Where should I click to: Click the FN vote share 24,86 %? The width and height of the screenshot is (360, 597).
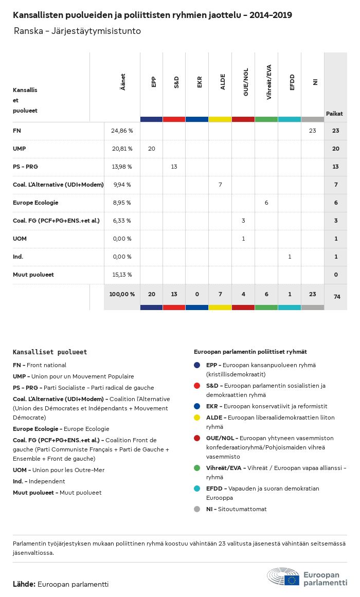click(122, 131)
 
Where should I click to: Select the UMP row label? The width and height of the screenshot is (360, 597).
click(20, 149)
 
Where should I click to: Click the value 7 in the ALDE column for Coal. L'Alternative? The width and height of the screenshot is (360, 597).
click(220, 185)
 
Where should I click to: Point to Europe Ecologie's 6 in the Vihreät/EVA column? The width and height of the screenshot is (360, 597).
click(266, 203)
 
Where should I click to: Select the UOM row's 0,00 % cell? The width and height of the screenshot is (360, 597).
click(122, 239)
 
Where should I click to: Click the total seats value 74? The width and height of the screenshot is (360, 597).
click(336, 297)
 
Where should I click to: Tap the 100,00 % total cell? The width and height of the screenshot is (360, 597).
click(122, 294)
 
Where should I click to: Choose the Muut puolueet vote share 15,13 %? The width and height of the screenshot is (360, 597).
click(122, 275)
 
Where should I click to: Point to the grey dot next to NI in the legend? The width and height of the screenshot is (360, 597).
click(197, 509)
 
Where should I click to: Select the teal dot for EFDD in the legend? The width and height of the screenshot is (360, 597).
click(197, 489)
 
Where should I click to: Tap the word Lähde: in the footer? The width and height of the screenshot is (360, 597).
click(24, 584)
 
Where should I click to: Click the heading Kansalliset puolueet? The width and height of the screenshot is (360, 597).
click(50, 352)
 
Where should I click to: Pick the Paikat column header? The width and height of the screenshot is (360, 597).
click(334, 114)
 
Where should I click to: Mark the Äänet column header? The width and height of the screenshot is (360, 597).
click(122, 82)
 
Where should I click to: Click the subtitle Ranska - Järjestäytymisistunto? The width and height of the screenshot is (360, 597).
click(77, 31)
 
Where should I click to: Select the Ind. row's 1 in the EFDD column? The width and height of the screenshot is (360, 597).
click(290, 257)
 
